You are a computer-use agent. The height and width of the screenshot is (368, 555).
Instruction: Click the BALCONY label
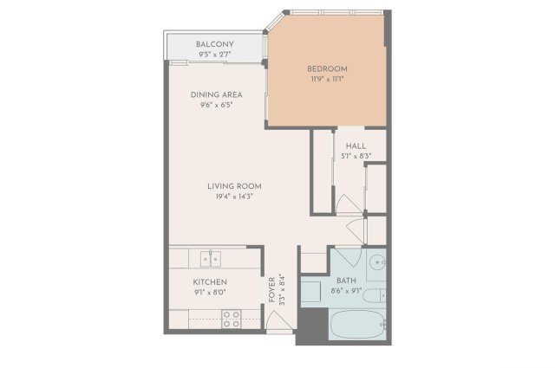214,44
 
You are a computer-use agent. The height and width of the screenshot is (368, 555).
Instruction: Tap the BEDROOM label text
327,69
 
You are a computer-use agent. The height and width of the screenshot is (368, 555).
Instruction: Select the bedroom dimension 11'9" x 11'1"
327,79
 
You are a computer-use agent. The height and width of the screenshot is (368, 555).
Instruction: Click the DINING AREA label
216,94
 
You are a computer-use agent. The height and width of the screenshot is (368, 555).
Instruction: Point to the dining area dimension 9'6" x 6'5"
216,105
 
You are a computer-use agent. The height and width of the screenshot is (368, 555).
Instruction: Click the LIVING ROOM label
234,186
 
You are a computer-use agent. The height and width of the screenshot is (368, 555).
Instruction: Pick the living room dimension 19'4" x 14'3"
234,197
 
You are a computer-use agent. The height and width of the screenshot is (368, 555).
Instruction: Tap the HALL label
356,146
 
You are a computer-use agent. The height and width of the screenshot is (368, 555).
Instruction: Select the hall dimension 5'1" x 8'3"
356,156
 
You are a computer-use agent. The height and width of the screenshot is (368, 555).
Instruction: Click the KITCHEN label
210,282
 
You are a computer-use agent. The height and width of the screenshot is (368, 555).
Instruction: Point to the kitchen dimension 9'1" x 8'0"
210,293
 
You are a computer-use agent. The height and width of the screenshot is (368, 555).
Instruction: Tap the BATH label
346,281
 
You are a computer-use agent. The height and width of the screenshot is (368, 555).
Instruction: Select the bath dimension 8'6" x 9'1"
346,291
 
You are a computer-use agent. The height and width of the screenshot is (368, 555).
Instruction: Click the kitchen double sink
211,259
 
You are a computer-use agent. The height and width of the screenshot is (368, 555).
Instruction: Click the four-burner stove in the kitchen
232,319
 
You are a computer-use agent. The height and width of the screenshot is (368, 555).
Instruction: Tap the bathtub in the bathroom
357,325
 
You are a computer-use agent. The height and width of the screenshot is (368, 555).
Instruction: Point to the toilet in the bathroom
374,295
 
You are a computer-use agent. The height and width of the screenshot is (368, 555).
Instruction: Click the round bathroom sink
378,262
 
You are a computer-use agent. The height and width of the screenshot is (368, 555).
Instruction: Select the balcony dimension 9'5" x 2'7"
214,55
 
